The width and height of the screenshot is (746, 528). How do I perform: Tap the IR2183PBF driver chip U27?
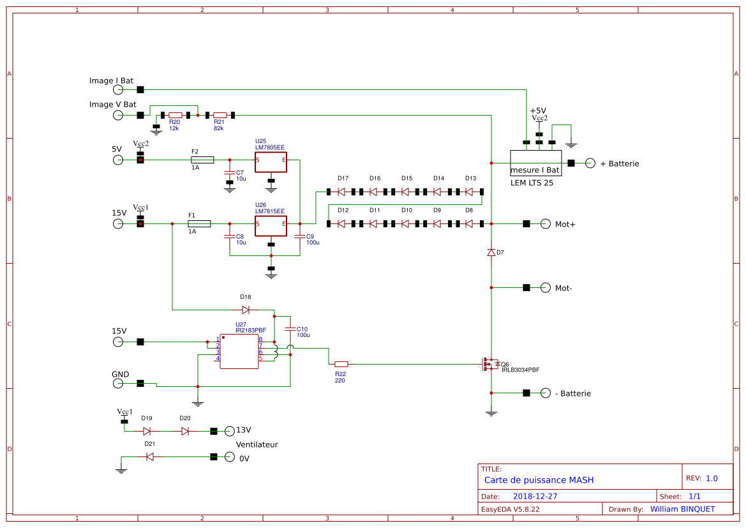coord(239,351)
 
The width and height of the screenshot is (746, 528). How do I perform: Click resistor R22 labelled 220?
coord(341,364)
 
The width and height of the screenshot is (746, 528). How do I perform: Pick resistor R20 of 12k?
coord(175,116)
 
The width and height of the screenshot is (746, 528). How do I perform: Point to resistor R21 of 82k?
coord(220,116)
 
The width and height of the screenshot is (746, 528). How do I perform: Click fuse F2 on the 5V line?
coord(202,160)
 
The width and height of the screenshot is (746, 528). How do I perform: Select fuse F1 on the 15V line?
coord(199,223)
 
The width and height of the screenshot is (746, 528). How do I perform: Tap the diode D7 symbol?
coord(491,253)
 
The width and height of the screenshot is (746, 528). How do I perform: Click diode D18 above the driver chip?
coord(246,310)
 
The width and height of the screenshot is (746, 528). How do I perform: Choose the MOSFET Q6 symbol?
coord(489,364)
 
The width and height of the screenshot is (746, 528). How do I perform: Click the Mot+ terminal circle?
coord(545,223)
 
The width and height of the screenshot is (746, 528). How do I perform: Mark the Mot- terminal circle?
coord(545,287)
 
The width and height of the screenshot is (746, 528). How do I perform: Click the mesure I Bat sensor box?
coord(535,163)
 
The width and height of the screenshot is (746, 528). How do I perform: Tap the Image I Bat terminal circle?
coord(118,90)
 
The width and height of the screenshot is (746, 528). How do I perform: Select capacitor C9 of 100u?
coord(299,237)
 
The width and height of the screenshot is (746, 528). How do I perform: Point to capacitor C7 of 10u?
coord(230,173)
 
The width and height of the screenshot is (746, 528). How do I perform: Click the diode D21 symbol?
coord(150,457)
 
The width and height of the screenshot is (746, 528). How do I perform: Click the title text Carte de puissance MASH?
coord(539,480)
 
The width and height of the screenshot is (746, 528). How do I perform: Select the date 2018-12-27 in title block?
coord(535,496)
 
